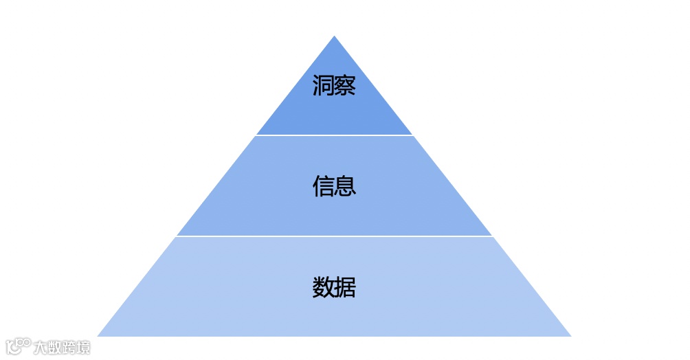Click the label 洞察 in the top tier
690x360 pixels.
pos(334,86)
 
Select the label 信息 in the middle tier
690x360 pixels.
pos(334,186)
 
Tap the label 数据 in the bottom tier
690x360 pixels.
pos(334,287)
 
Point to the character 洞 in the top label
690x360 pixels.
pos(323,86)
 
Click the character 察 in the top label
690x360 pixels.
pos(345,86)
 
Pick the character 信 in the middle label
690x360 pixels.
pos(323,186)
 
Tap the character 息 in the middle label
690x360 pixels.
pos(345,186)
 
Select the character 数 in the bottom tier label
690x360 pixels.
pos(323,287)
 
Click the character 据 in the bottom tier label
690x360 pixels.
pos(345,287)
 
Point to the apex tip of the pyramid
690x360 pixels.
pos(334,37)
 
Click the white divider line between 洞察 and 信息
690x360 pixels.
pos(334,135)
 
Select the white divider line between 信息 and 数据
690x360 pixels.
pos(334,236)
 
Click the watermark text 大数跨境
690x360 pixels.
pos(62,347)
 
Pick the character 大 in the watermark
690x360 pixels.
pos(41,347)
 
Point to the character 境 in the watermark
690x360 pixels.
pos(83,347)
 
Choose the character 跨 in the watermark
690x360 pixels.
pos(69,347)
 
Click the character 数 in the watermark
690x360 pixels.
pos(54,347)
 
